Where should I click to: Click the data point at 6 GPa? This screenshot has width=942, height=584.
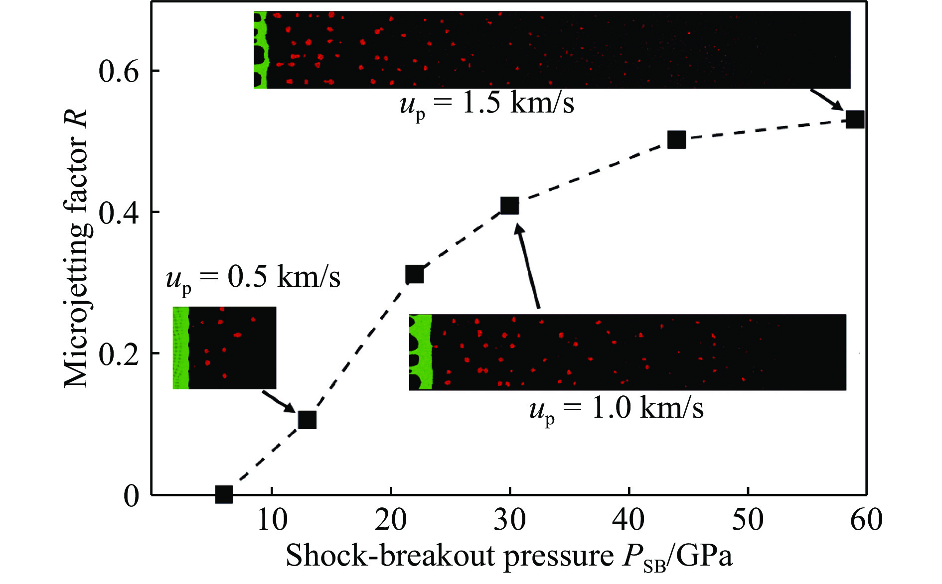pyautogui.click(x=224, y=494)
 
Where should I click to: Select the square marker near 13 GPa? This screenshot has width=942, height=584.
pyautogui.click(x=307, y=420)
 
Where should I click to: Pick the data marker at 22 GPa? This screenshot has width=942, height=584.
pyautogui.click(x=414, y=274)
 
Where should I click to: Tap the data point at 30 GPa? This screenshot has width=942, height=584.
pyautogui.click(x=509, y=205)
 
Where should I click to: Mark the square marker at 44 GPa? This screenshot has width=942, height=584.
pyautogui.click(x=676, y=140)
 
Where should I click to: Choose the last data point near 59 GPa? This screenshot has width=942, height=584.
pyautogui.click(x=855, y=119)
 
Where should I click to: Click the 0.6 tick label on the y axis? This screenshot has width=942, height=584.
pyautogui.click(x=119, y=71)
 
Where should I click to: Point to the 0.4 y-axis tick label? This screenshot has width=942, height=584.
pyautogui.click(x=119, y=213)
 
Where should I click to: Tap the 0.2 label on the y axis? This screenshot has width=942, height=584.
pyautogui.click(x=119, y=354)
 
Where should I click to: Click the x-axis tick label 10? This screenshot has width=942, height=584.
pyautogui.click(x=272, y=520)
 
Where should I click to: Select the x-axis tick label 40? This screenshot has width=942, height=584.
pyautogui.click(x=629, y=520)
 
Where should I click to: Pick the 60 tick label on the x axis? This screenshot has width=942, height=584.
pyautogui.click(x=867, y=520)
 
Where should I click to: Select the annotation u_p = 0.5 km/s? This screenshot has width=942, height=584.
pyautogui.click(x=253, y=278)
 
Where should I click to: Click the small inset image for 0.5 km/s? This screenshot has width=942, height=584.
pyautogui.click(x=224, y=348)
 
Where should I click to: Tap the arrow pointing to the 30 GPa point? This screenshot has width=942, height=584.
pyautogui.click(x=528, y=266)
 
